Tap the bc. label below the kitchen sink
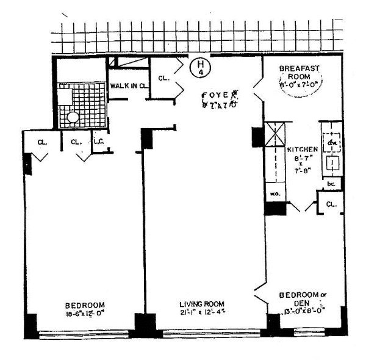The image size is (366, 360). point(331,183)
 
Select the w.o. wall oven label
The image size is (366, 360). point(274,195)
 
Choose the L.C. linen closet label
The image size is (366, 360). point(98,142)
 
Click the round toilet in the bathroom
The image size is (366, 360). point(73,117)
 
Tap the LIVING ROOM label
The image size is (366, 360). point(201,304)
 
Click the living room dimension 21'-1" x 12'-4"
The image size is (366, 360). point(201,313)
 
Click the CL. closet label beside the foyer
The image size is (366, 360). point(163,77)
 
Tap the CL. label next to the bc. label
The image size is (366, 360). point(332,204)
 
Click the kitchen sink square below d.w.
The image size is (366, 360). point(332,163)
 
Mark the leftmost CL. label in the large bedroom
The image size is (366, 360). point(42,142)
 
